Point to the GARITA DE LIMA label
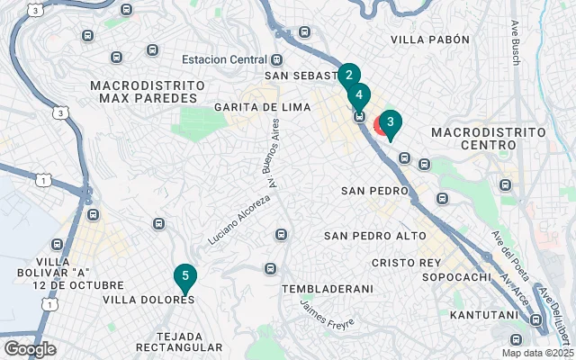[x=262, y=107]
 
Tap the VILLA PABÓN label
[x=431, y=40]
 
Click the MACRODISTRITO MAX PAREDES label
[x=148, y=91]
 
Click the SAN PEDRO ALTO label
[x=375, y=236]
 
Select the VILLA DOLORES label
[x=148, y=300]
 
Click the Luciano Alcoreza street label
[x=238, y=220]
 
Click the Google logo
[x=30, y=349]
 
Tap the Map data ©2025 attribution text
[x=536, y=353]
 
